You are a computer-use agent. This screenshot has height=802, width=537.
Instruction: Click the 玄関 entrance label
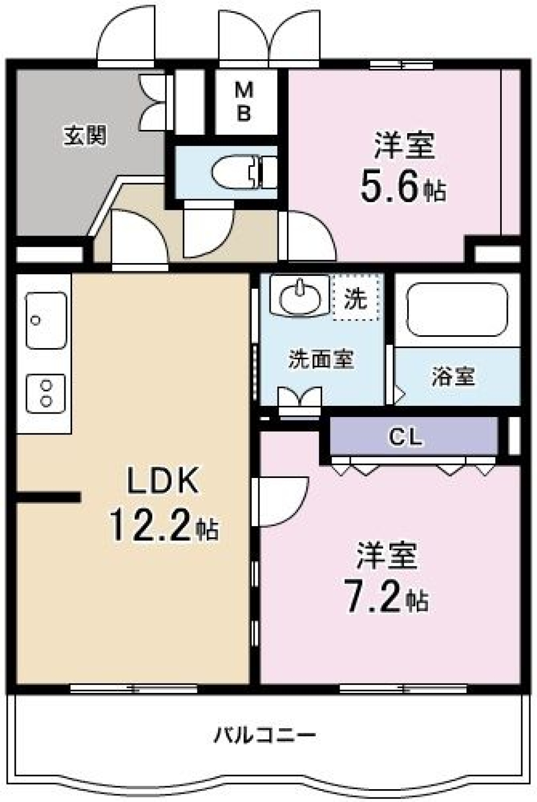[85, 135]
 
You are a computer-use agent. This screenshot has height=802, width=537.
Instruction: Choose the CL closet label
[406, 437]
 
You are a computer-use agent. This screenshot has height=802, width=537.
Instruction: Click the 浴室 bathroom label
[453, 377]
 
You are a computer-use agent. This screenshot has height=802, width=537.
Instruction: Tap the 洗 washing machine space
[355, 298]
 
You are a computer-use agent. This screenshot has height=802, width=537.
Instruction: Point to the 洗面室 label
[321, 359]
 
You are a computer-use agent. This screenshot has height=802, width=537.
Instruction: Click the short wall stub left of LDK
[49, 496]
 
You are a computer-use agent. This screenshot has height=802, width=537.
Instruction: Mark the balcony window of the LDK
[134, 689]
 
